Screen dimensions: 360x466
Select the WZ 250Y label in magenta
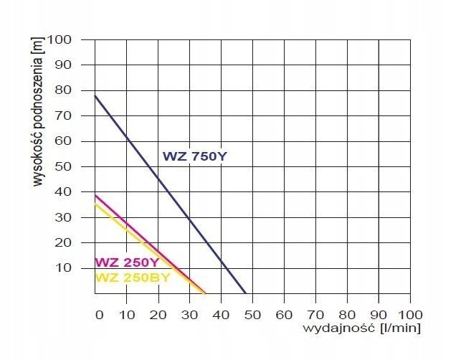point(127,262)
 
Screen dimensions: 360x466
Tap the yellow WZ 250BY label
point(132,277)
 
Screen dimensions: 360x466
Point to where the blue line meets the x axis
point(246,293)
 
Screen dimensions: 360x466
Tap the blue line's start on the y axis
point(95,96)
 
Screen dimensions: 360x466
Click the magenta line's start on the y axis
point(95,195)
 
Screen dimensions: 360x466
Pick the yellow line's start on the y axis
point(95,204)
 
